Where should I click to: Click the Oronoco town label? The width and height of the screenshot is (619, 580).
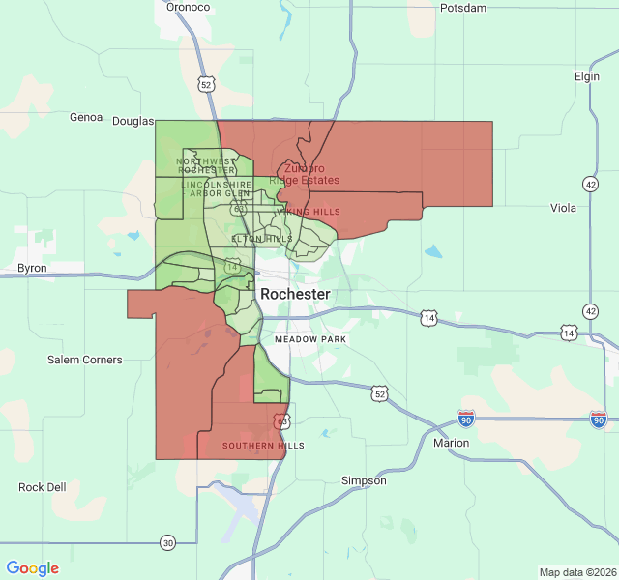click(x=188, y=7)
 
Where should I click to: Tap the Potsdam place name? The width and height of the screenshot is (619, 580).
click(x=463, y=8)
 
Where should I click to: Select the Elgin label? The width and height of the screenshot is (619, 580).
click(x=586, y=76)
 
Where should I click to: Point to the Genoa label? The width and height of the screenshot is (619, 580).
click(x=86, y=117)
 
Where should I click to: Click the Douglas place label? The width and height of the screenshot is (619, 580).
click(x=133, y=121)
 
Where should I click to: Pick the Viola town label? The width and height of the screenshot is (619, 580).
click(x=564, y=208)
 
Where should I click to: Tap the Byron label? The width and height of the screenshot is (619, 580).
click(x=32, y=268)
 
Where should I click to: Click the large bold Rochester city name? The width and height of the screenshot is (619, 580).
click(x=295, y=294)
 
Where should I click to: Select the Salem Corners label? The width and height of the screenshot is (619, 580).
click(x=85, y=360)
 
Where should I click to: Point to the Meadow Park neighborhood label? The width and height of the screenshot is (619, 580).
click(x=310, y=340)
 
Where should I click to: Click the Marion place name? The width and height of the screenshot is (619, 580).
click(x=452, y=443)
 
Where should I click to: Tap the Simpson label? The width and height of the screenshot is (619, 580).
click(x=364, y=480)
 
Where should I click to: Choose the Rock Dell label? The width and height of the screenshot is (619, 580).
click(x=43, y=487)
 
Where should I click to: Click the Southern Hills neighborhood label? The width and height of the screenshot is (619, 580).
click(x=263, y=446)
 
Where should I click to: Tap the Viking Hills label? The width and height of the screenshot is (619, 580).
click(x=309, y=211)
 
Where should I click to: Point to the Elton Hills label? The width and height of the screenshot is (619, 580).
click(x=262, y=239)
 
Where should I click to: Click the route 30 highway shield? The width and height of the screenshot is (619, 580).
click(x=167, y=542)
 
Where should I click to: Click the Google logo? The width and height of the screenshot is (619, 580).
click(x=33, y=568)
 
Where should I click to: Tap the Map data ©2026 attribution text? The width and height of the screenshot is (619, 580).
click(x=576, y=572)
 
